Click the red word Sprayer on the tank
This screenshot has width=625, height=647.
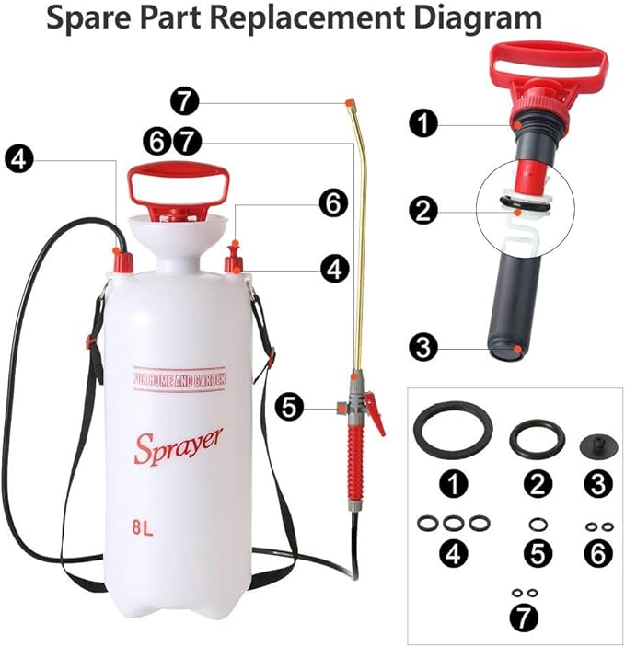[x=178, y=446]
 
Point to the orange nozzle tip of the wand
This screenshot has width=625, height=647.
[x=349, y=101]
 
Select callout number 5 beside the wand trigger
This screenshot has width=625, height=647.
[x=291, y=406]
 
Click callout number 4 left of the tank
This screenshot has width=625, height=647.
[x=17, y=158]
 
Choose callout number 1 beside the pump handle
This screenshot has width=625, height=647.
[x=423, y=124]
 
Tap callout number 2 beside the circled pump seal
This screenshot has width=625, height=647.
[x=423, y=211]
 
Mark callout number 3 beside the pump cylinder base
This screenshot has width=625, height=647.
[x=423, y=346]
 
